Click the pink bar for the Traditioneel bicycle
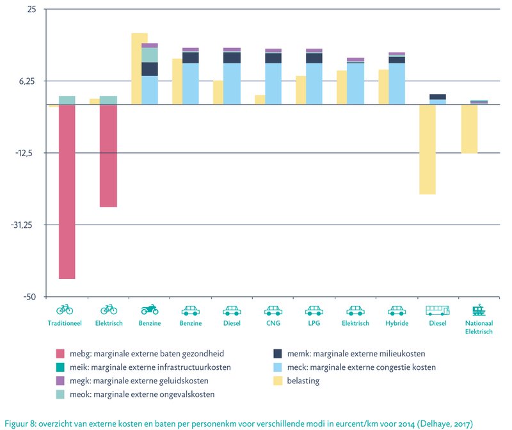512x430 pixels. (x=67, y=191)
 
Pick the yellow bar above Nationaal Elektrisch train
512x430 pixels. (x=469, y=129)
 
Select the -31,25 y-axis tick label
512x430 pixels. (x=25, y=225)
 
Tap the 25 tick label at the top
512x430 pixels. (x=31, y=10)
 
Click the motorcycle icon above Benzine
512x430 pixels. (x=149, y=310)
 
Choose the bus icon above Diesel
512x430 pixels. (x=438, y=310)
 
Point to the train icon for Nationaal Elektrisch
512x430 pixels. (x=478, y=310)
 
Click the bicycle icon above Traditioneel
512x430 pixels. (x=65, y=310)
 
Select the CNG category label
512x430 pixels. (x=273, y=323)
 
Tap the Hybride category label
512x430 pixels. (x=396, y=323)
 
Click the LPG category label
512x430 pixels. (x=314, y=323)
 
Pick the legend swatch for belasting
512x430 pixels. (x=278, y=381)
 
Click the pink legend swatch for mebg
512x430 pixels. (x=61, y=353)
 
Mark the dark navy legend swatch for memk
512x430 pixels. (x=278, y=353)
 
